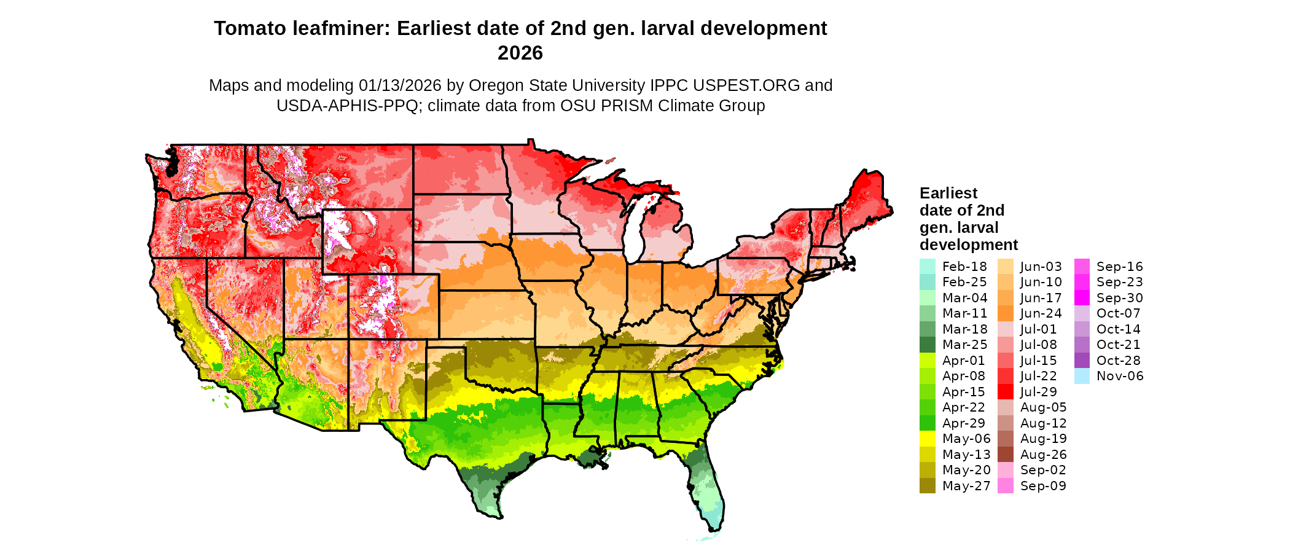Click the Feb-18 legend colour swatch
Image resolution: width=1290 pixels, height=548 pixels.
(927, 267)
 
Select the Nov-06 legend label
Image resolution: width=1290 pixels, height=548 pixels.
(1120, 376)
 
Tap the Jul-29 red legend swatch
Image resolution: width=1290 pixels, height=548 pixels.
(1005, 392)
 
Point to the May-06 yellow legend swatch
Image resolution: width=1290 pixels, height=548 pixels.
(927, 439)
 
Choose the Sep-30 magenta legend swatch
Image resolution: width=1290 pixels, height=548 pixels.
(1082, 298)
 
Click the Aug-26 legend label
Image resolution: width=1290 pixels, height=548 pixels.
(1043, 455)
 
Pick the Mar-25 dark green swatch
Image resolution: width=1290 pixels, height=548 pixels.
(927, 345)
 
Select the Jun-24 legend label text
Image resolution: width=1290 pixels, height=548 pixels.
(1041, 313)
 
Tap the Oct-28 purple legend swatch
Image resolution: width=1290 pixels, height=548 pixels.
(1082, 361)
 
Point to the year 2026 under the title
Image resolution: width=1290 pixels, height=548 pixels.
(520, 53)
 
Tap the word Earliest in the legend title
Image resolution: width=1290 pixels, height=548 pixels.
(948, 194)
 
